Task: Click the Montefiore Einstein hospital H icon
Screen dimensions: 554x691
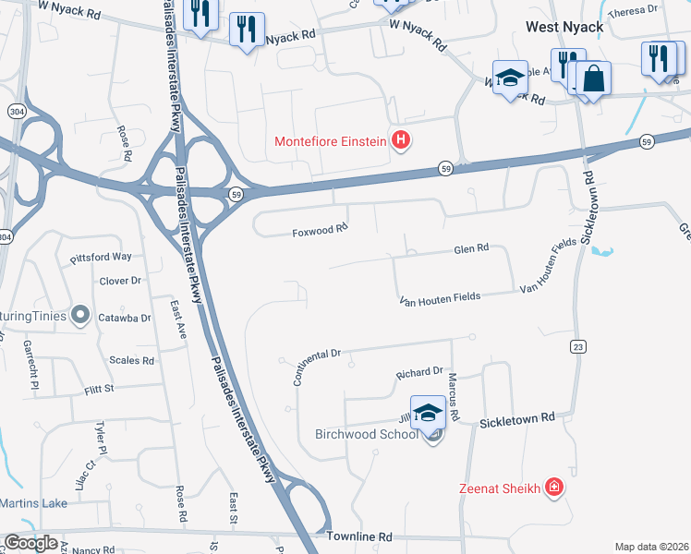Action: pos(401,141)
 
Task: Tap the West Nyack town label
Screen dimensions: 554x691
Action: pos(564,27)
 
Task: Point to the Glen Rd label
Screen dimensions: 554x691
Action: pos(470,248)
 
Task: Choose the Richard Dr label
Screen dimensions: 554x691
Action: pos(420,372)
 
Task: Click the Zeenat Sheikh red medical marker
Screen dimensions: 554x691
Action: pos(553,487)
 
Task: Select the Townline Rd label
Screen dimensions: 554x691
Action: pos(359,536)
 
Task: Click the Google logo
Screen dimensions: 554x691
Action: pos(30,543)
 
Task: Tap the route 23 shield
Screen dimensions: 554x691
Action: pos(578,345)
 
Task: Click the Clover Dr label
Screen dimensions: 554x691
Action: pos(120,281)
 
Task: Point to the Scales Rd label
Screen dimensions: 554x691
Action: pos(131,361)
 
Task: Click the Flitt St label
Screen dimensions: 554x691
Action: pos(97,389)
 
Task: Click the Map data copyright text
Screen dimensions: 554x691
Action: pos(652,547)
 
